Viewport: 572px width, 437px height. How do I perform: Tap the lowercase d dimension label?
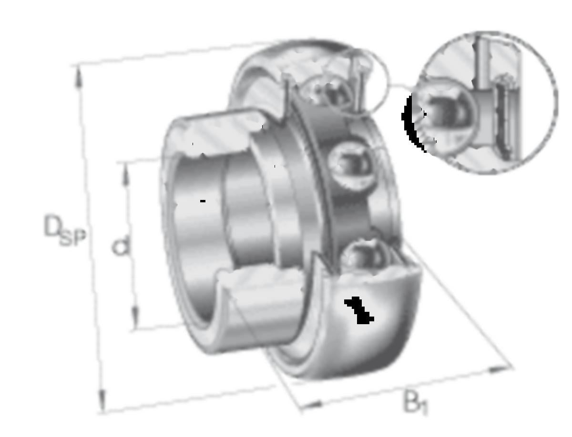(121, 246)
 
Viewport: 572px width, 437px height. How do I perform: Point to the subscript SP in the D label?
(73, 238)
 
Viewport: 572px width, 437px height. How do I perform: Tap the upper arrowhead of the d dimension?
(126, 174)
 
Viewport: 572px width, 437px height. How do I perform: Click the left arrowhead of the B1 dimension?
(312, 404)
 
